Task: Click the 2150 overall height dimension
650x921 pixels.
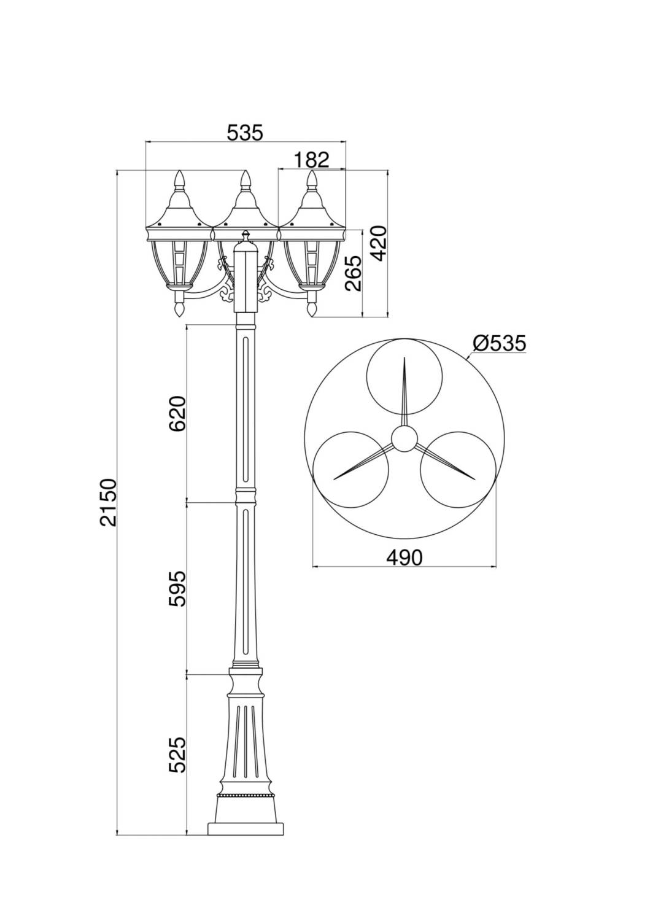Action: (x=107, y=502)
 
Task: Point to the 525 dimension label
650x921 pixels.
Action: (x=177, y=755)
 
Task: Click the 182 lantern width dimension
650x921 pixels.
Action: (x=311, y=160)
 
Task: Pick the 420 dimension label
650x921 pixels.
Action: (x=379, y=243)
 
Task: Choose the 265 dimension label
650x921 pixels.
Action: (x=354, y=272)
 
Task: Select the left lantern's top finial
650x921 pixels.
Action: (x=180, y=179)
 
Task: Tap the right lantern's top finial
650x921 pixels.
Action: (x=312, y=179)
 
